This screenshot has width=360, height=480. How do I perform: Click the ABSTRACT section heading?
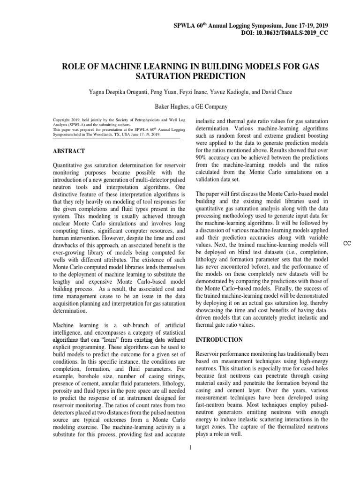[x=69, y=151]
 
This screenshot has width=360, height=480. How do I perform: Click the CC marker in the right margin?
[x=347, y=243]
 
